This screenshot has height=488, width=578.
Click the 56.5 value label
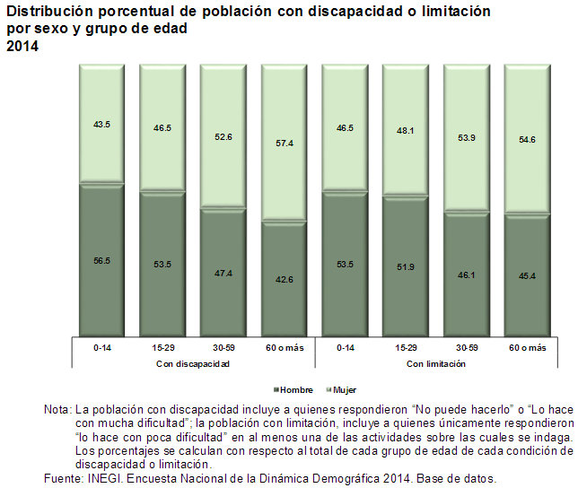(101, 260)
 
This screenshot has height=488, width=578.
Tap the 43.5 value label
(101, 125)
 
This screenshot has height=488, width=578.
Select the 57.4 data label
(284, 144)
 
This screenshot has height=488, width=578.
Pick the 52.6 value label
(223, 137)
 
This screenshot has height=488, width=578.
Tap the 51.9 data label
(406, 266)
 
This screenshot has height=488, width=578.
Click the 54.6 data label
(527, 140)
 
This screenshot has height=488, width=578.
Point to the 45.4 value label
(527, 275)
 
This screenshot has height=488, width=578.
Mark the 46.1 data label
(467, 275)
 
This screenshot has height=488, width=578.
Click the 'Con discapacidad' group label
(193, 364)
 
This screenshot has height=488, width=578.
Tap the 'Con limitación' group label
(436, 364)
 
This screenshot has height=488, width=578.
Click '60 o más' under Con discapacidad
(284, 347)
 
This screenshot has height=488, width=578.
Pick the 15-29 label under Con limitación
(406, 347)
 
